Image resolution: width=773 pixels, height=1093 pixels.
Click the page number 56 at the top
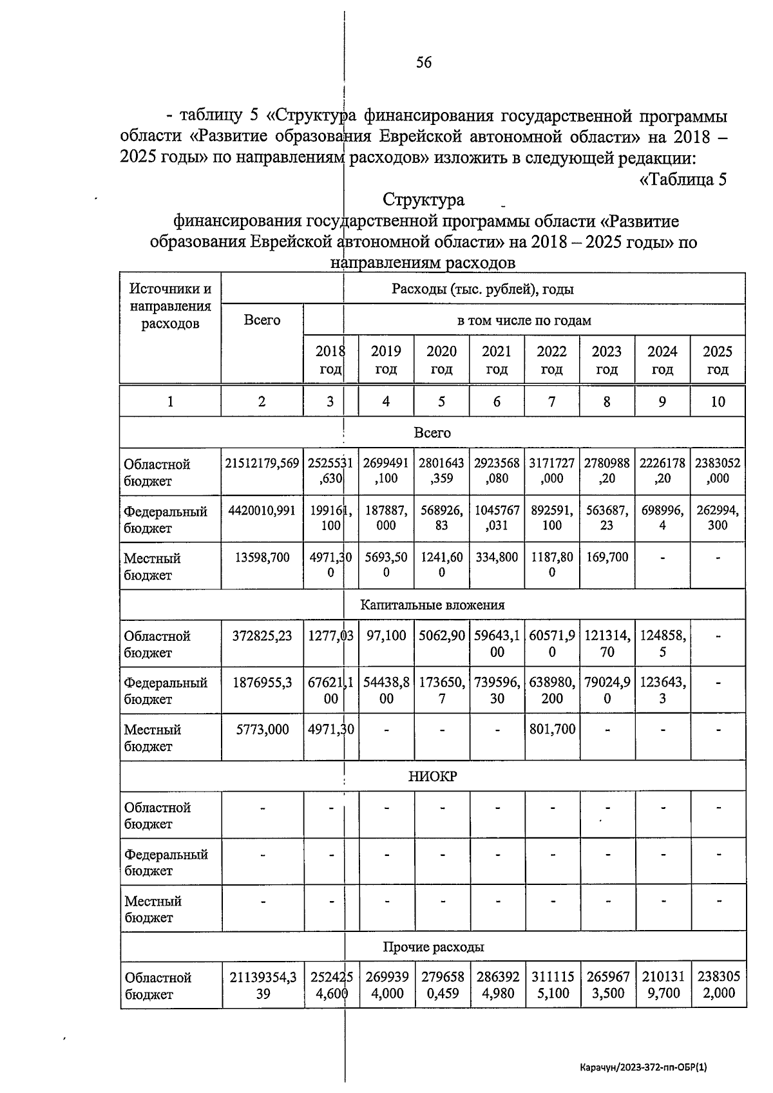[x=424, y=62]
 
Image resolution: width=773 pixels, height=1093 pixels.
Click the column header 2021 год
[x=497, y=359]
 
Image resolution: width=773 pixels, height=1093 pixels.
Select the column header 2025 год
[x=718, y=359]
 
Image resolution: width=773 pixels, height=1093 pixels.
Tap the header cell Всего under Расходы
[x=262, y=320]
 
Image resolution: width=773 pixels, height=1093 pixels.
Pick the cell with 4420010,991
[x=262, y=510]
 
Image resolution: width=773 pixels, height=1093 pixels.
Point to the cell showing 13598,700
[x=262, y=557]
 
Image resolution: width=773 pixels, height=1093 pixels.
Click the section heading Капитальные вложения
[x=432, y=605]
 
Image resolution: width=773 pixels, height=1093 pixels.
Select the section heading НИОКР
[x=432, y=776]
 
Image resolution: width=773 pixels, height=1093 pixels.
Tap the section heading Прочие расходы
[x=432, y=947]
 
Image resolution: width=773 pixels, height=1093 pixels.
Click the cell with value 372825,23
[x=262, y=636]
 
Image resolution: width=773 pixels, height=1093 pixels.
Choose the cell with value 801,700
[x=552, y=730]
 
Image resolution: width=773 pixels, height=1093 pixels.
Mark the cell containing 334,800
[x=497, y=557]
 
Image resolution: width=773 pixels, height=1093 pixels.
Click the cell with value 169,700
[x=607, y=557]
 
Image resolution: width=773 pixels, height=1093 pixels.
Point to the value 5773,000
[x=262, y=730]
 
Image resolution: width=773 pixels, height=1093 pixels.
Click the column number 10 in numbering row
[x=718, y=402]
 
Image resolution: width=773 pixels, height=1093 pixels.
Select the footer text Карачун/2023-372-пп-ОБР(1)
[x=644, y=1067]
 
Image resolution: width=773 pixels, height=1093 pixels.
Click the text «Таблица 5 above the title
[x=682, y=179]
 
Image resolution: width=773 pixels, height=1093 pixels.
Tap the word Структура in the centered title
[x=423, y=200]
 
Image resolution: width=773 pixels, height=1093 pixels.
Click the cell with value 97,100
[x=386, y=636]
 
